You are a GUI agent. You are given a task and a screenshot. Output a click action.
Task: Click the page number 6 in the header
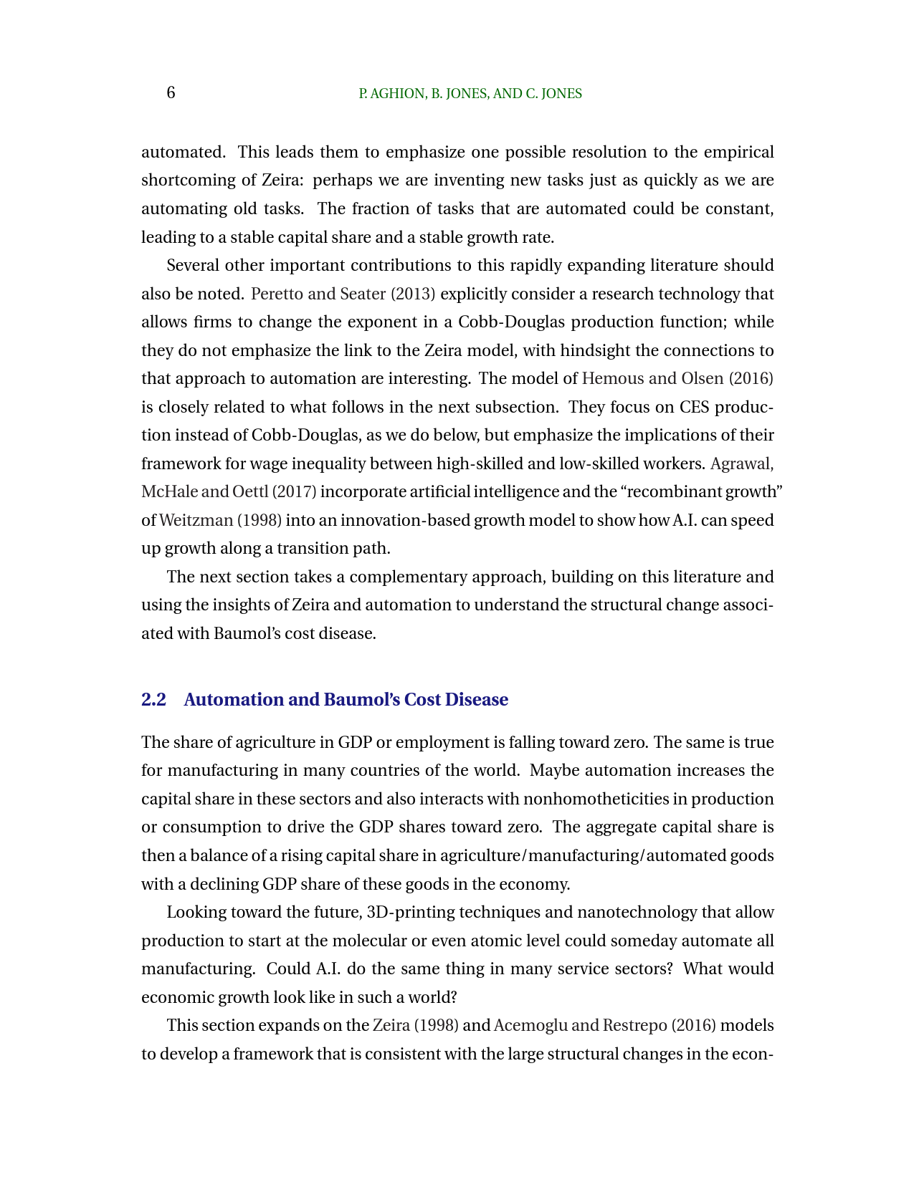pos(171,93)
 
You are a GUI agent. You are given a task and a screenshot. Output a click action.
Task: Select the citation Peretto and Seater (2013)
pos(343,294)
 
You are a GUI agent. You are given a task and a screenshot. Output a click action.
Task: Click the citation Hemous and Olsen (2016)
pos(677,378)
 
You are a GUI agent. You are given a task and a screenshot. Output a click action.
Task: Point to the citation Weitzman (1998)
pos(220,520)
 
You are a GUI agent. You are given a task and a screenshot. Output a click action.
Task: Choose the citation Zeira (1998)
pos(416,1025)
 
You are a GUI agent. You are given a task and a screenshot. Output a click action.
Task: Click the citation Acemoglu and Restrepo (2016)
pos(605,1025)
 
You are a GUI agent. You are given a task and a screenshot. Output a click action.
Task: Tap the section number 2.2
pos(153,699)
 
